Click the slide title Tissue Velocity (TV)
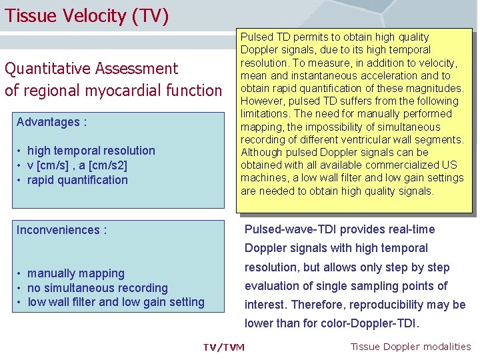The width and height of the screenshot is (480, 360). point(86,15)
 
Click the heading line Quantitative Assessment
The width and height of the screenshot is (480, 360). point(91,69)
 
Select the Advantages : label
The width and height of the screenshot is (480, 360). point(52,122)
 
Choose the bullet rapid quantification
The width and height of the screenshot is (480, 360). point(77,180)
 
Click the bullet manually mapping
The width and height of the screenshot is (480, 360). point(75,273)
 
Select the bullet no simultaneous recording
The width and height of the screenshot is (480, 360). point(97,288)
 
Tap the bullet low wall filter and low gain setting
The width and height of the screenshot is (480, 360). point(115,302)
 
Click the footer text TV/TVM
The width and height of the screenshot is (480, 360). point(223,347)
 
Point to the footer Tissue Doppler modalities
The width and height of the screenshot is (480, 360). point(410,346)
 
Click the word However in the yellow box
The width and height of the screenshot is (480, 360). point(263,101)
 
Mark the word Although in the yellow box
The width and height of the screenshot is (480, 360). point(262,152)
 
